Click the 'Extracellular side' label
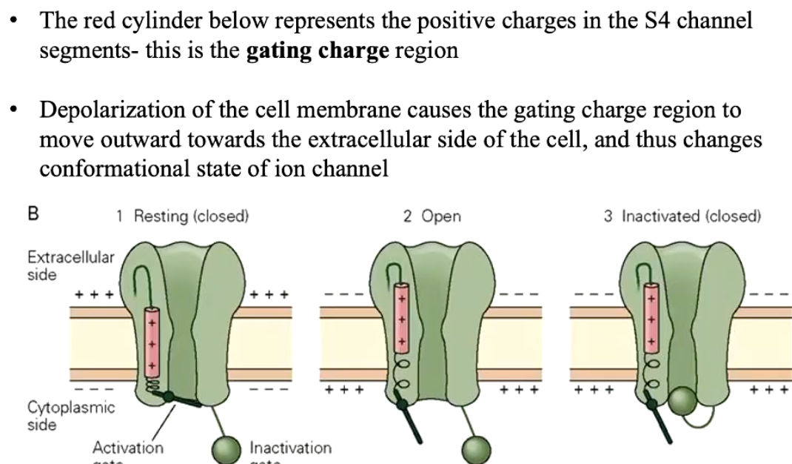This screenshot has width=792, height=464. pyautogui.click(x=61, y=265)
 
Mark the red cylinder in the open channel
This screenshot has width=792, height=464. pyautogui.click(x=401, y=315)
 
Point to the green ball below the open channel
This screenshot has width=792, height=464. pyautogui.click(x=476, y=448)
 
